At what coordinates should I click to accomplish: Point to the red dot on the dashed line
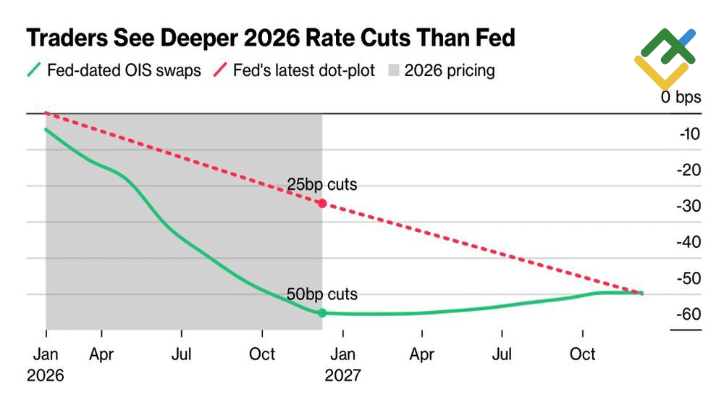pos(322,204)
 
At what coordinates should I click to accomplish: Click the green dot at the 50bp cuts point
pos(322,313)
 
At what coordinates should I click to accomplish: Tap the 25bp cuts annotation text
pos(322,185)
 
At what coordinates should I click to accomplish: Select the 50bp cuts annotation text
pos(322,294)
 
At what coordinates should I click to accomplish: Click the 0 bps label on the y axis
pos(681,97)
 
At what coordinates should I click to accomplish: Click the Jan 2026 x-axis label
pos(46,365)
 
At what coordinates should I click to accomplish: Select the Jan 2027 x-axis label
pos(342,365)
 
